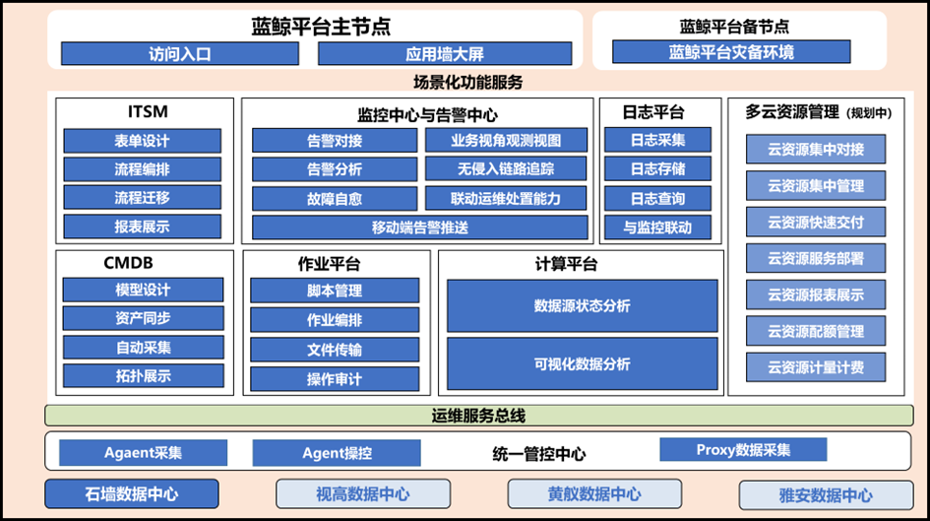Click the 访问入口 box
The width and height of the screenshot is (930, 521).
click(x=180, y=53)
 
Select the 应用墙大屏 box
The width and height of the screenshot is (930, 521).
click(x=444, y=53)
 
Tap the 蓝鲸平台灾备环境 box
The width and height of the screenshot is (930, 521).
click(x=731, y=51)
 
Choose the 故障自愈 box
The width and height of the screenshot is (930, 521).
click(x=335, y=198)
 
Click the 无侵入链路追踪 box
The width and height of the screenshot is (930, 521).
click(x=506, y=169)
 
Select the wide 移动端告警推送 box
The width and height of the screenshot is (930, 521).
click(x=420, y=228)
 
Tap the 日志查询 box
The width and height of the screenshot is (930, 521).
click(x=658, y=198)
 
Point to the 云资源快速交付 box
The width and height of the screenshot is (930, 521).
click(x=815, y=220)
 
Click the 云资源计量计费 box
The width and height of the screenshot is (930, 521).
click(x=815, y=366)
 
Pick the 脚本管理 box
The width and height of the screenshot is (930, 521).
click(x=335, y=291)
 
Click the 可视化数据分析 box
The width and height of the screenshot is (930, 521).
click(x=582, y=364)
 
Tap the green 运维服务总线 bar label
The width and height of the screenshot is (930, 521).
click(x=478, y=416)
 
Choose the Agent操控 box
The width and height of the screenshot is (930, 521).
click(x=337, y=453)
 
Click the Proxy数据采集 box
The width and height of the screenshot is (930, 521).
click(x=743, y=449)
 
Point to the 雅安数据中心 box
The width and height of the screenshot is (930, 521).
click(x=819, y=495)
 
